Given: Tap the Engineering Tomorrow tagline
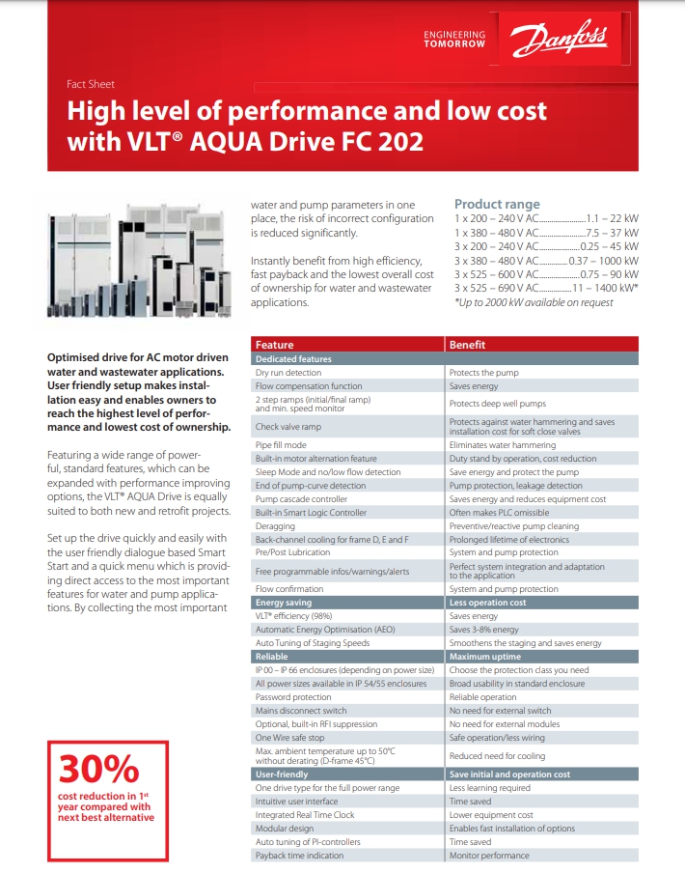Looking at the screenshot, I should click(454, 40).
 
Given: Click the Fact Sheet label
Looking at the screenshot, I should click(90, 84).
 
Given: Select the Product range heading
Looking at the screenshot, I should click(497, 204).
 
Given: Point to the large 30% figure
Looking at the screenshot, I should click(99, 769).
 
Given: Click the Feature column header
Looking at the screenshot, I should click(275, 345).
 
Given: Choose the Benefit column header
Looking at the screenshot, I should click(468, 345).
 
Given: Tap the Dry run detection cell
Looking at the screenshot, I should click(288, 372).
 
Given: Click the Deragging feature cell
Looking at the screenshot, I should click(275, 526).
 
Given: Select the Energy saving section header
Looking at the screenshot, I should click(284, 603).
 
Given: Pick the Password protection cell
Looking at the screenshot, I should click(293, 696).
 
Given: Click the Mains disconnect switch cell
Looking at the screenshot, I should click(302, 710).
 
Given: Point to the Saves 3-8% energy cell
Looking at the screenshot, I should click(484, 630).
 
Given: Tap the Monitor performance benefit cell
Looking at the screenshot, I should click(489, 855).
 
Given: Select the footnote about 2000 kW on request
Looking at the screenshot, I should click(533, 302).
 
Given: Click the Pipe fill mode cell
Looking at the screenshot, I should click(281, 445).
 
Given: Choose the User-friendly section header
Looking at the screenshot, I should click(282, 774).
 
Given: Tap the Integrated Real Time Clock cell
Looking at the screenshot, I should click(305, 815).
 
